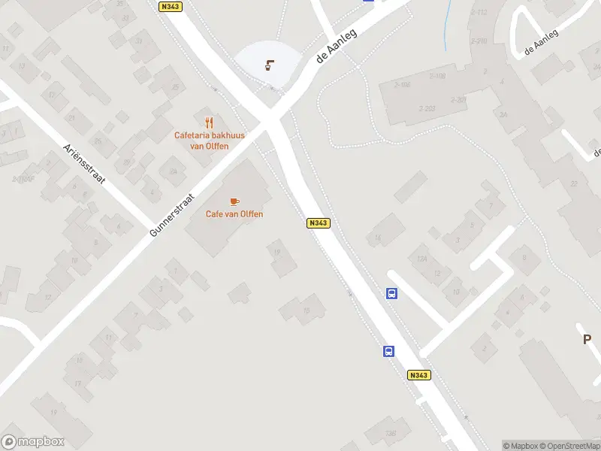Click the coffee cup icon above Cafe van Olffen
[234, 201]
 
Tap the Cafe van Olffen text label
[234, 214]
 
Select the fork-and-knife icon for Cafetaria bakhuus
[210, 123]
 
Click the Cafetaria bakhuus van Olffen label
[210, 141]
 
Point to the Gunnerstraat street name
[172, 215]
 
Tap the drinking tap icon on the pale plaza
[269, 65]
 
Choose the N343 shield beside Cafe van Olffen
[318, 223]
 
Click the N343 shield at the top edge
[171, 5]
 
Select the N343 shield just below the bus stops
[419, 375]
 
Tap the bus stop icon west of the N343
[389, 351]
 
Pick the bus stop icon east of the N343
[392, 294]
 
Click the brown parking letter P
[587, 340]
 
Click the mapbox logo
[33, 441]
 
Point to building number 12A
[421, 259]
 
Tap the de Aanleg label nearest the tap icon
[334, 47]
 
